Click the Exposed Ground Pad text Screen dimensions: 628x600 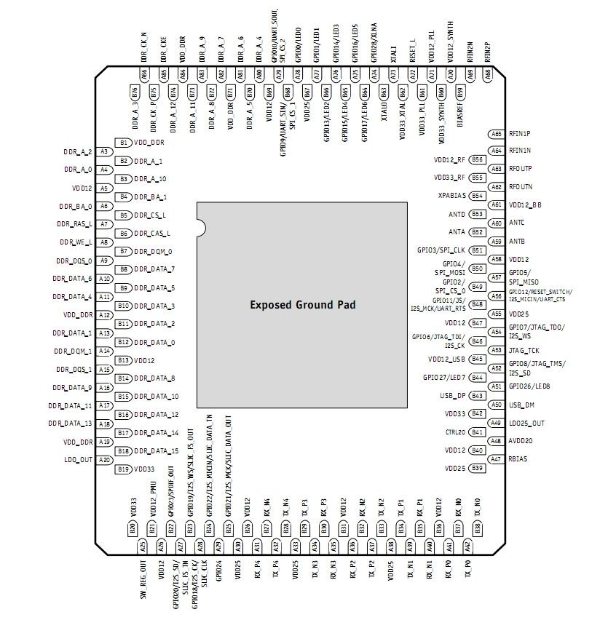(302, 305)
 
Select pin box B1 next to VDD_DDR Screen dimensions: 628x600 (124, 143)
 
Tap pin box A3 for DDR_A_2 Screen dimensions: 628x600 (104, 151)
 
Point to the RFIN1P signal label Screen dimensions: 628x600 (520, 134)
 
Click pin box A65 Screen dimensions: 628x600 (496, 134)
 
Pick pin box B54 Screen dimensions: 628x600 (478, 196)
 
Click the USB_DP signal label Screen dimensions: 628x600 (452, 396)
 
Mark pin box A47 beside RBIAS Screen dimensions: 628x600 (496, 459)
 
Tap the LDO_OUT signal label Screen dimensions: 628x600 (79, 460)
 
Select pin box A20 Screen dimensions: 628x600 (104, 460)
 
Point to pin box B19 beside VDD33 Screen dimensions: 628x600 (124, 469)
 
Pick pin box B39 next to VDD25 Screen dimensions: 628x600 (478, 468)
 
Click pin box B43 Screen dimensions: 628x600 (478, 396)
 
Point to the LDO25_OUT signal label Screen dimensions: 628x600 (526, 423)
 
